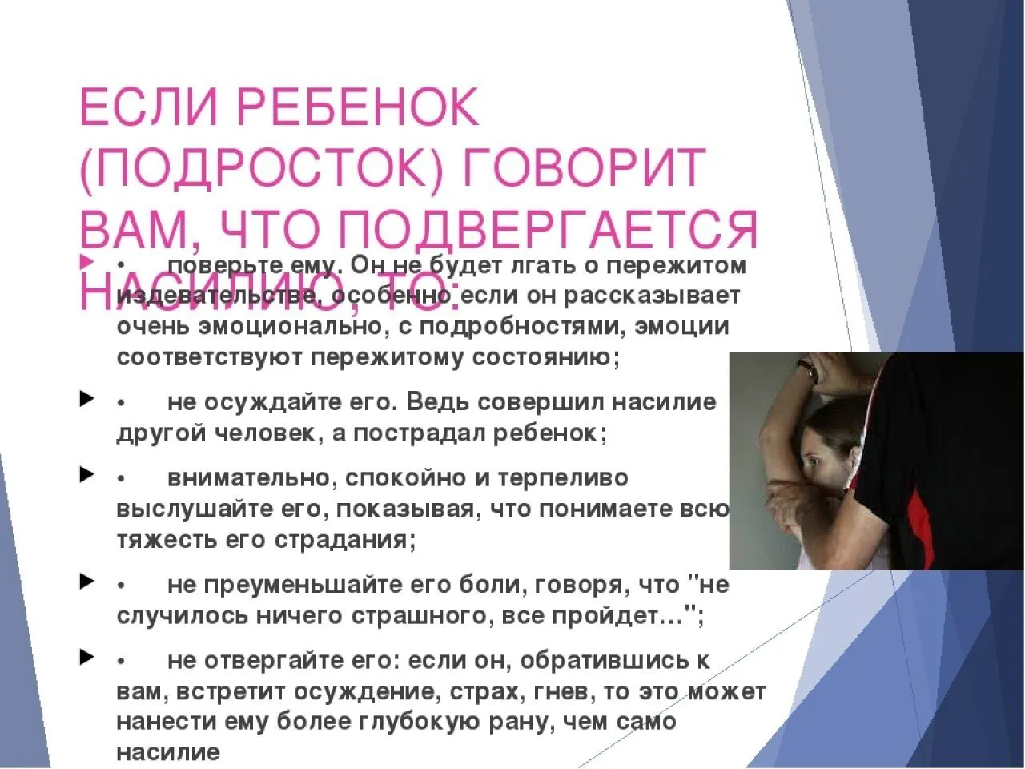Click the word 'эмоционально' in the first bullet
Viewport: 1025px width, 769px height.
[269, 327]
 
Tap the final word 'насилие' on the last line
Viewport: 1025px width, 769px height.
[168, 752]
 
